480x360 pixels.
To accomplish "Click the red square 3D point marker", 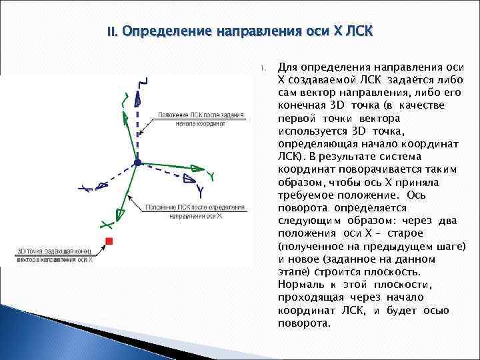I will click(x=109, y=240).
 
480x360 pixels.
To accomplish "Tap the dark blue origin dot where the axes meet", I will click(x=137, y=162).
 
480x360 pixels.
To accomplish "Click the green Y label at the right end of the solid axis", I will click(x=210, y=175).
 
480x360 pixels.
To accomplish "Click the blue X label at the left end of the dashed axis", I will click(x=85, y=189).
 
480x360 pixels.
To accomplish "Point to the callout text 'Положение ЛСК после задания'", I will click(x=199, y=114).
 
